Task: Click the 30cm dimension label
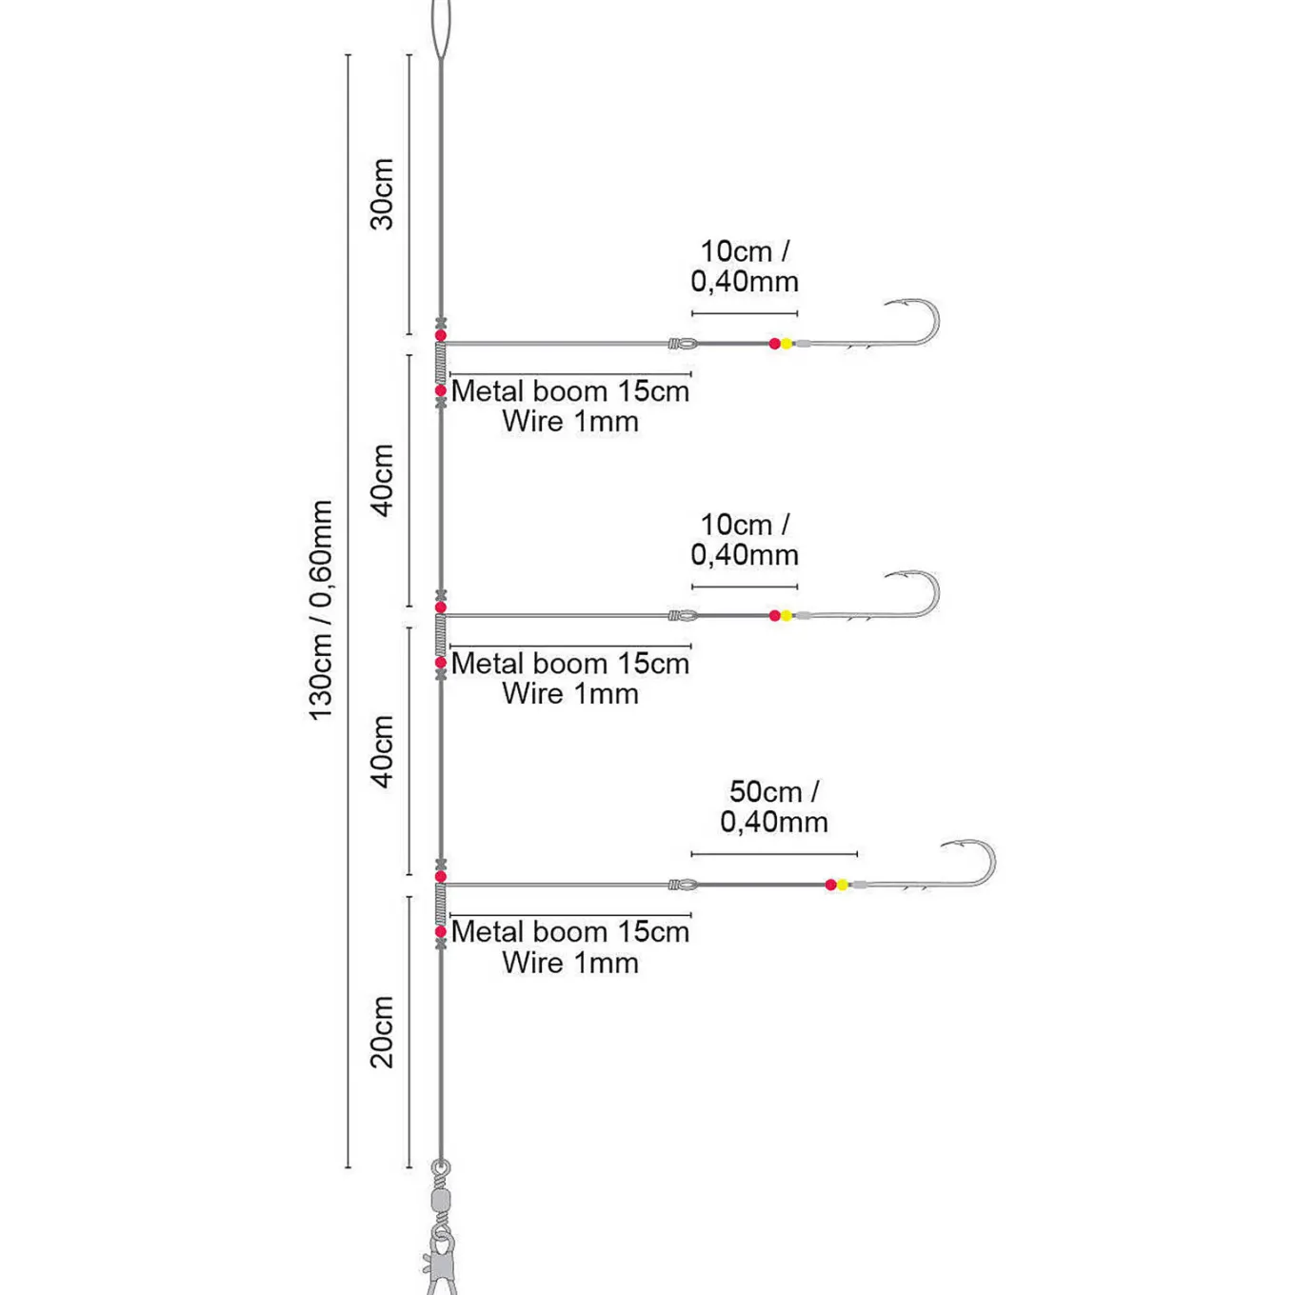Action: point(382,194)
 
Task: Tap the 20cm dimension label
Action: point(382,1032)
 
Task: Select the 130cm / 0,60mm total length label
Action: point(321,610)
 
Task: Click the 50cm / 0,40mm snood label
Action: point(773,807)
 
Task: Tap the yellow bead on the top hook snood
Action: point(787,344)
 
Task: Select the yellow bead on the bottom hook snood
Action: point(842,885)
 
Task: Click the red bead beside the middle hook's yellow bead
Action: point(774,615)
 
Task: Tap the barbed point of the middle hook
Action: point(890,576)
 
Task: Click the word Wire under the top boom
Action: point(532,422)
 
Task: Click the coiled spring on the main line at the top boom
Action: point(441,363)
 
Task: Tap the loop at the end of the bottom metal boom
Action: point(684,885)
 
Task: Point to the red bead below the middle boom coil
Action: point(440,663)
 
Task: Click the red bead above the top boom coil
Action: point(440,334)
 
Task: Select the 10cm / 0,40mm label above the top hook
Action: point(745,266)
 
